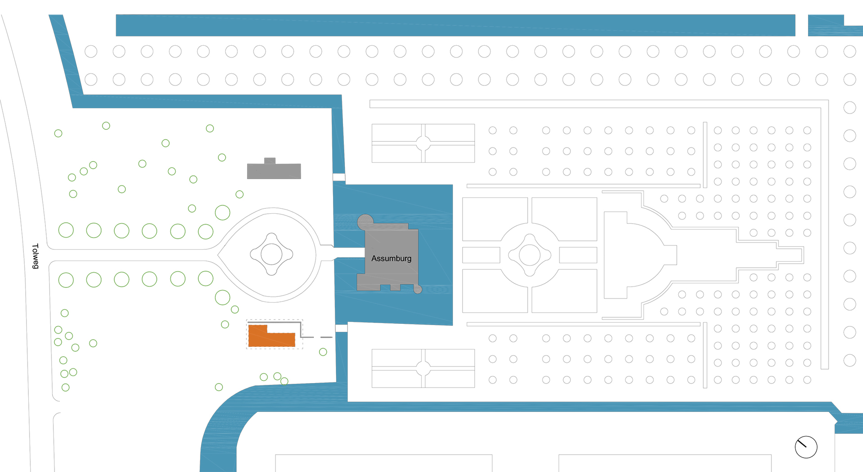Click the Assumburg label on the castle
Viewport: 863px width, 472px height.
[391, 258]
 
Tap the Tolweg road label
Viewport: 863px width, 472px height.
[36, 256]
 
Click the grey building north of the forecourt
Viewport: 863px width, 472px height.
[274, 171]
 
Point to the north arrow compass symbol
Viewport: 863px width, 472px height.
[806, 447]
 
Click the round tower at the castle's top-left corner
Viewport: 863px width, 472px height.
[365, 221]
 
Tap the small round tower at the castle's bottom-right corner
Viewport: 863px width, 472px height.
[418, 289]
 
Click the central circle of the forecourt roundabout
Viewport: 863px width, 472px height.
[271, 254]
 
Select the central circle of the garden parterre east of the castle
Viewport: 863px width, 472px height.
[529, 255]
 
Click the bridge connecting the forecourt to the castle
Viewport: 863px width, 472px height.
[349, 252]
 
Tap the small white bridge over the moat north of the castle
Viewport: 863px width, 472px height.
[339, 177]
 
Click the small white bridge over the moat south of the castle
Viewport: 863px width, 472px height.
[342, 328]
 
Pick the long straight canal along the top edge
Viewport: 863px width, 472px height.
[455, 25]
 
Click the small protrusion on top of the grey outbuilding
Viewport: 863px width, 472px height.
[270, 160]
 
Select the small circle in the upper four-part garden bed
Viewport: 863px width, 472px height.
[423, 143]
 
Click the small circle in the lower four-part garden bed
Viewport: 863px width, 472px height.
[423, 368]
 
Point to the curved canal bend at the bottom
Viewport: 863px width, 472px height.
[225, 422]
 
